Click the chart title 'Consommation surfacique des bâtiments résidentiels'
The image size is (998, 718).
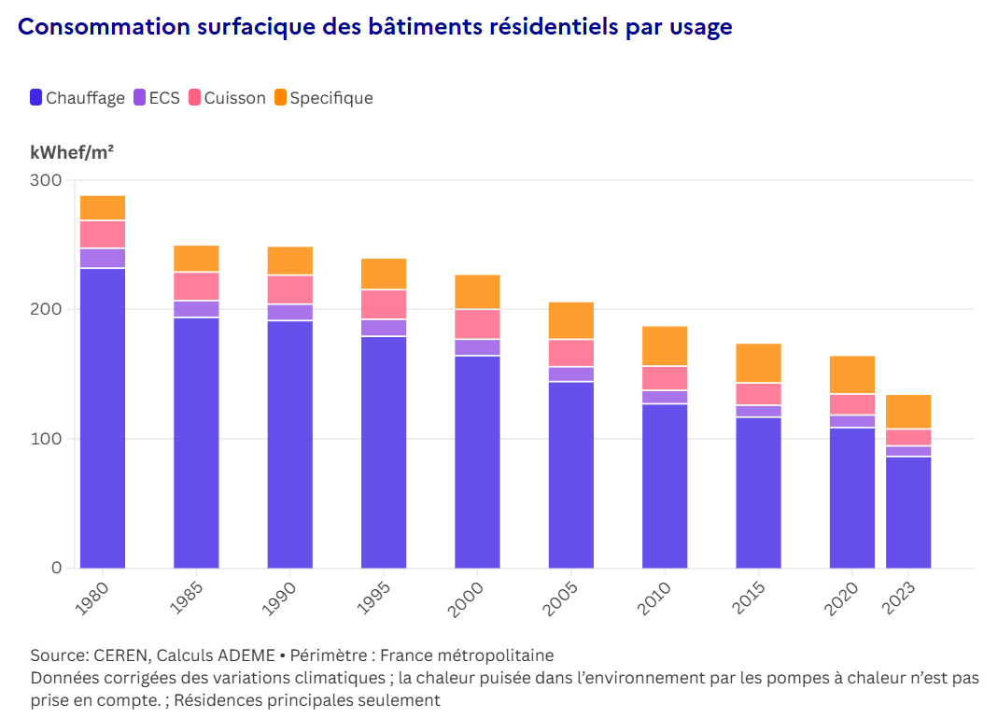(374, 27)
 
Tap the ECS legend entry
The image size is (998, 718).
(157, 98)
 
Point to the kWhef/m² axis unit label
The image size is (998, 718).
(72, 152)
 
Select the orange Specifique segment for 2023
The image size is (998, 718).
(908, 411)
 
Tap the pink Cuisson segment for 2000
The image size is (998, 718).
(477, 323)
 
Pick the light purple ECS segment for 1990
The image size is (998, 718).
(290, 312)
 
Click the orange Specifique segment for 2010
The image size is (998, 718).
(665, 345)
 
